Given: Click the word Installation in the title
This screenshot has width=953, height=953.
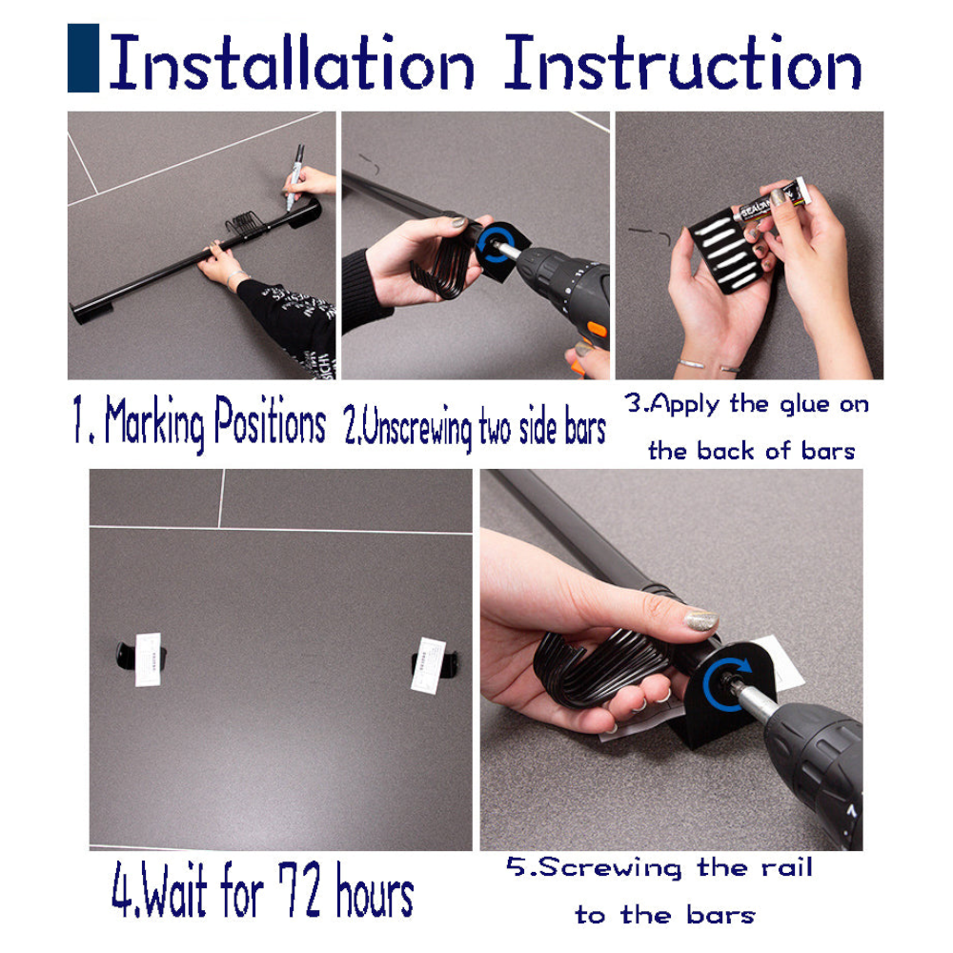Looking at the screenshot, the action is click(292, 61).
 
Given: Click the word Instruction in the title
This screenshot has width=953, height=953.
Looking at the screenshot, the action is click(682, 61).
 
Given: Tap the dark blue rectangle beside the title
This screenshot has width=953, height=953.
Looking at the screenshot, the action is click(83, 58).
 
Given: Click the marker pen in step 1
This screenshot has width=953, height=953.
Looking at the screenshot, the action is click(294, 177).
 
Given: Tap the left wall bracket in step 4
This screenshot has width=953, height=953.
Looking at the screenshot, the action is click(141, 659).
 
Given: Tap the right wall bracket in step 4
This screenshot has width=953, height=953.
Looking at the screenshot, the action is click(434, 665).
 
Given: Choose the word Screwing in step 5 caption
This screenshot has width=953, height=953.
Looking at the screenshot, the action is click(610, 868).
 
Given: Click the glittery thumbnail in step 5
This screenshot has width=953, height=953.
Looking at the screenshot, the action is click(701, 620).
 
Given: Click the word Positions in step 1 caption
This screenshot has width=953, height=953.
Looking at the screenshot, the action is click(270, 420).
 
